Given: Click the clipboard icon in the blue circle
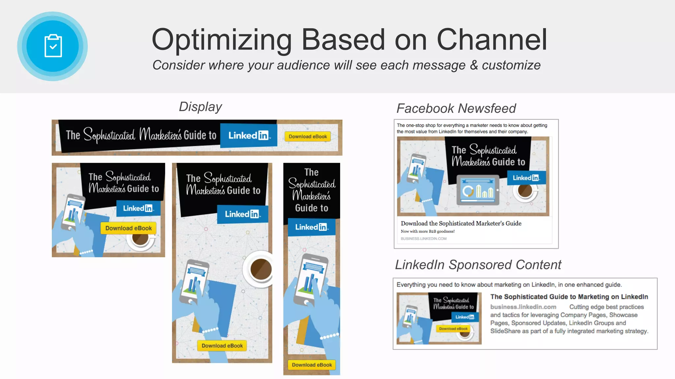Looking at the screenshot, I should pos(53,46).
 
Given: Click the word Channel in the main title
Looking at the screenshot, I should pos(492,40).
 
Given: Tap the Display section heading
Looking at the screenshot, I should pos(200,107).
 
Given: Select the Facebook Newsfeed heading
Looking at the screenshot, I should pos(456,109).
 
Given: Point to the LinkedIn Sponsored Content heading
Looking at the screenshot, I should pos(478,265).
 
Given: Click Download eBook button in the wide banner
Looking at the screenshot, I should pos(308,137).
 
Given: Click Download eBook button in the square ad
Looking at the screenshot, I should pos(129,228).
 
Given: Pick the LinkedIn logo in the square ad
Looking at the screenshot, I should pos(138,208).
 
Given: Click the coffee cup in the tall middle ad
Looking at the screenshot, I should pos(260,269).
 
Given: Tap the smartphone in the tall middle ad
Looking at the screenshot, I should pos(194,283).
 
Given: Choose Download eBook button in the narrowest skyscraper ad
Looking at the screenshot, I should pos(312,365).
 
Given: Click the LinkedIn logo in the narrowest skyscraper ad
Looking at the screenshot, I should pos(311,227).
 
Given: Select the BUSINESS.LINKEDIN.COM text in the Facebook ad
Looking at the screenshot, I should pos(424,239).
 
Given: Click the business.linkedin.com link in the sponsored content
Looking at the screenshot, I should pos(523,307).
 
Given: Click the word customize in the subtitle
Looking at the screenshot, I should pos(511,65).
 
